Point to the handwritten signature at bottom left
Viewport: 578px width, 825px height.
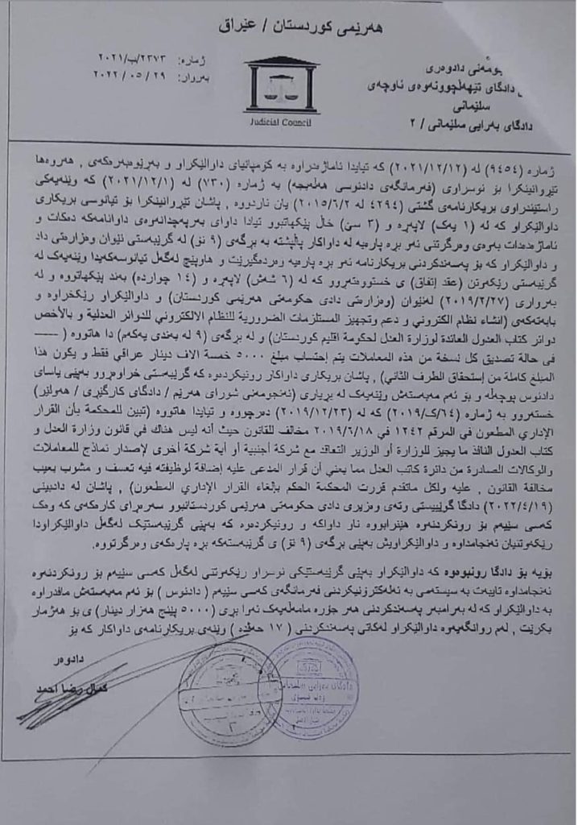point(72,705)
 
